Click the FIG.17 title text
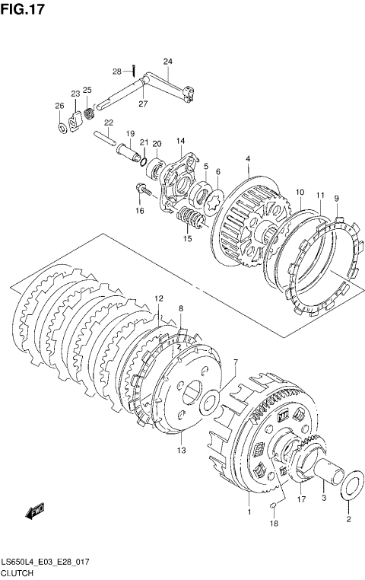23,9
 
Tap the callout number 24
168,62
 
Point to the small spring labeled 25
89,113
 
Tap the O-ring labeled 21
144,161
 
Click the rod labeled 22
105,138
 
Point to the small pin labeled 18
273,505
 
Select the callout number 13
182,451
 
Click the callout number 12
158,298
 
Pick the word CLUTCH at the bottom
17,573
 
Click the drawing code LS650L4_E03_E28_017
46,562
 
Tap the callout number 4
248,158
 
